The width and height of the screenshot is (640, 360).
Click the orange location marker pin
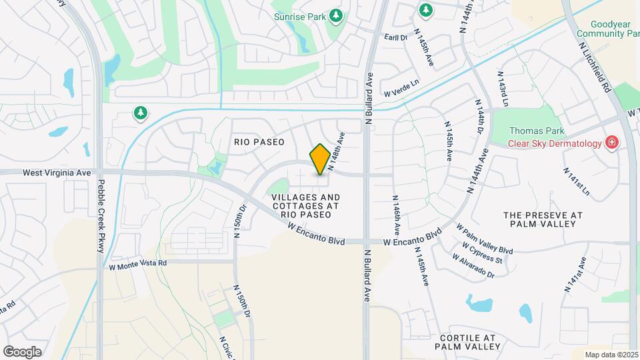pos(320,159)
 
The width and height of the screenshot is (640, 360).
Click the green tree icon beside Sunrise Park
pos(337,15)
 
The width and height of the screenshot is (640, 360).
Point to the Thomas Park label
pos(537,131)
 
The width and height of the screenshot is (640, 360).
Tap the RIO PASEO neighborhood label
pos(259,142)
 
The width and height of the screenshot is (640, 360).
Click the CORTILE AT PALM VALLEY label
pos(467,342)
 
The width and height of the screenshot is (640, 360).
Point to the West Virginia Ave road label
pos(56,172)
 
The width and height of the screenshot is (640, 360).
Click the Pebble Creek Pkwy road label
pos(101,206)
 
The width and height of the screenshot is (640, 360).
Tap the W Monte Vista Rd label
pos(138,263)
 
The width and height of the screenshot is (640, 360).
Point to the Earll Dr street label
pos(396,37)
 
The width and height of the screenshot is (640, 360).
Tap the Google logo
pos(23,351)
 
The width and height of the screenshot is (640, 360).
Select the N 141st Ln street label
pos(577,181)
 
